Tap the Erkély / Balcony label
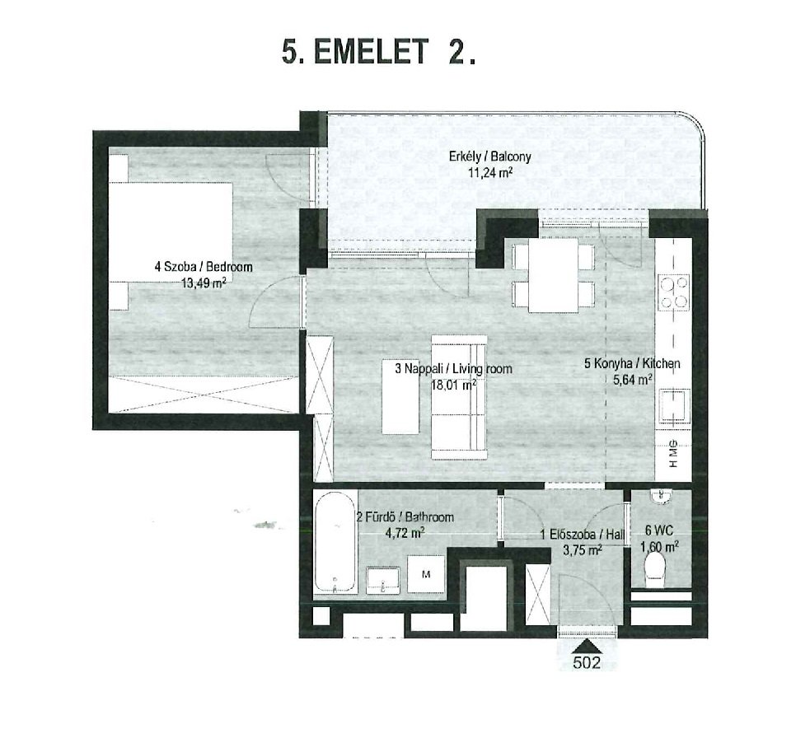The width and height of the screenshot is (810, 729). (x=489, y=156)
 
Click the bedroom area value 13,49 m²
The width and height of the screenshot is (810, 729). (x=204, y=283)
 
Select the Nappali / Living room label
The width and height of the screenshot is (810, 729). (x=453, y=369)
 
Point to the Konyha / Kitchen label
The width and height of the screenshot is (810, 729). (x=632, y=363)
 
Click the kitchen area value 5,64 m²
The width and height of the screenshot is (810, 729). (x=632, y=380)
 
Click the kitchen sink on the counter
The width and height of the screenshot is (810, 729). (x=674, y=407)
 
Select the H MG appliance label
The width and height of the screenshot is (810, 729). (x=673, y=453)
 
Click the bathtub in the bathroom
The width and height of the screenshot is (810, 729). (x=335, y=543)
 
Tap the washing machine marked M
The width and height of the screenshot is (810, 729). (x=426, y=574)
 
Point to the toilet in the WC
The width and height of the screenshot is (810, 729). (x=655, y=569)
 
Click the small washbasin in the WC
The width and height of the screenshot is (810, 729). (x=661, y=496)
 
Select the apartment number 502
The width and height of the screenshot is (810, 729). (x=587, y=662)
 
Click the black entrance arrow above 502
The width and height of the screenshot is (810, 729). (x=587, y=647)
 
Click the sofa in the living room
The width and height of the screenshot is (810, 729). (x=459, y=397)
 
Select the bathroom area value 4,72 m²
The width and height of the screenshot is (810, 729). (x=405, y=533)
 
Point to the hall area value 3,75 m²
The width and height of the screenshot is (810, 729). (x=583, y=550)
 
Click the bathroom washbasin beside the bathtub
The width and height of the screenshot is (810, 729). (x=383, y=580)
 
